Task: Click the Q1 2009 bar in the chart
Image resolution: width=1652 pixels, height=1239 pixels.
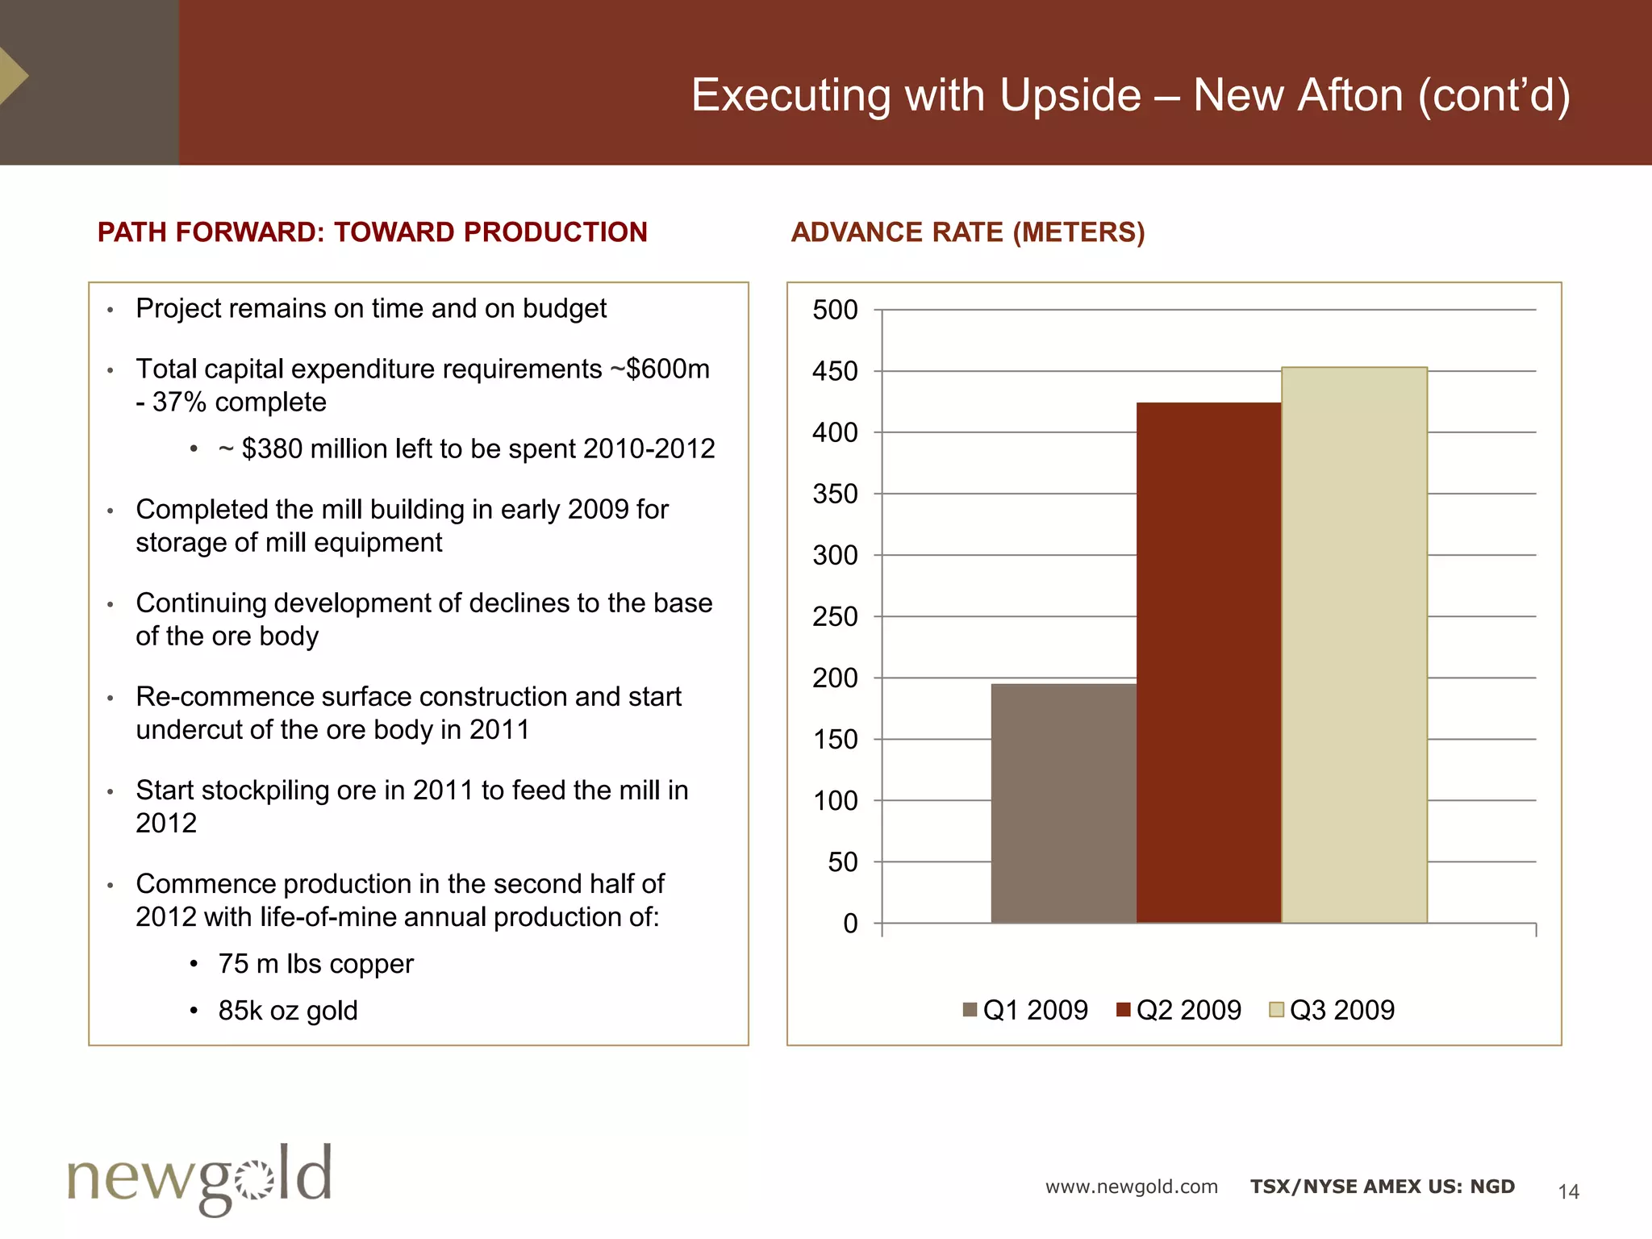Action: (1063, 803)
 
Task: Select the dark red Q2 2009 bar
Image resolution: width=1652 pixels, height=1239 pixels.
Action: (1208, 661)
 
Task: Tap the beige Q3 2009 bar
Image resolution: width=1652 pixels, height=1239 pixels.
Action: (1354, 645)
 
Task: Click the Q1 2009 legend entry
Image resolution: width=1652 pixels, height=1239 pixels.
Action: (1026, 1010)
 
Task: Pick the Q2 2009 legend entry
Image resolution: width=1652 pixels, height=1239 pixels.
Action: (1179, 1010)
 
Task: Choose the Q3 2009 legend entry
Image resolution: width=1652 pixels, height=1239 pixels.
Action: (1333, 1010)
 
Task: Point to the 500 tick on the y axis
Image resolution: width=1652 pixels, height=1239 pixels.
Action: (835, 310)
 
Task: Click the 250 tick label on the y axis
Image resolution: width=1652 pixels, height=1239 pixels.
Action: (835, 617)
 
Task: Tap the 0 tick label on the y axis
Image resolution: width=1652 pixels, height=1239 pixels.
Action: (850, 924)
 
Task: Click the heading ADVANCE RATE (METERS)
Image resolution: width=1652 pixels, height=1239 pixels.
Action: (967, 232)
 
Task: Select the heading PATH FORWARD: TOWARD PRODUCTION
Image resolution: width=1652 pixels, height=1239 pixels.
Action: (372, 232)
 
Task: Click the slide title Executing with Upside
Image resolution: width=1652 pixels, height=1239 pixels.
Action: (1130, 95)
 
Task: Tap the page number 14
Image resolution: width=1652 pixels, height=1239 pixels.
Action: (1568, 1191)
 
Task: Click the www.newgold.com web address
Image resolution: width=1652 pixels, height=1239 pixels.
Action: (1131, 1187)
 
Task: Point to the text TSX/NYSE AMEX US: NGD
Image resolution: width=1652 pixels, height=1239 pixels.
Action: (1382, 1187)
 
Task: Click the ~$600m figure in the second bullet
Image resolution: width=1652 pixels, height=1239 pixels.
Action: (668, 369)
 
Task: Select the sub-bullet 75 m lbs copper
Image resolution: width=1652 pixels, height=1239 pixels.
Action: (315, 964)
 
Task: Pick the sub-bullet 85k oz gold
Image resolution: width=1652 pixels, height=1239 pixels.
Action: (287, 1011)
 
